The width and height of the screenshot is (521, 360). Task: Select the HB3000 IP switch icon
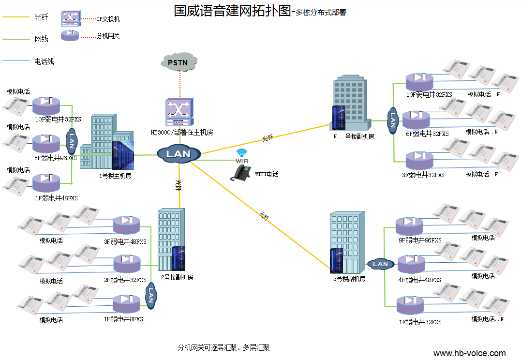pos(179,112)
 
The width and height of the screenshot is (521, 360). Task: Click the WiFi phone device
pos(240,174)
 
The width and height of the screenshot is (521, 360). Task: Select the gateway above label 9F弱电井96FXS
pos(410,225)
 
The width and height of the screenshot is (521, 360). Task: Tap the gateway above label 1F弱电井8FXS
pos(126,304)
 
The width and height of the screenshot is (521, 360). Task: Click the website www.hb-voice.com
pos(469,353)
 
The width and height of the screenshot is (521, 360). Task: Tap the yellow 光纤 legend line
pos(16,17)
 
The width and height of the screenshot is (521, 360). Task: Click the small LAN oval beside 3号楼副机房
pos(380,264)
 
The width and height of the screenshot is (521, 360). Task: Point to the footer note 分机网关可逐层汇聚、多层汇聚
pos(223,347)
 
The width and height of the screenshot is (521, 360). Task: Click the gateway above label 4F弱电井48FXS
pos(411,265)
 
